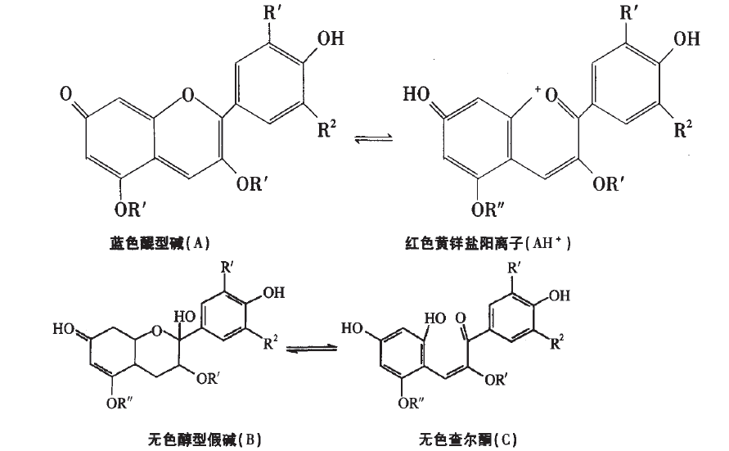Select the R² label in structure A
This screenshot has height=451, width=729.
tap(327, 129)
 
